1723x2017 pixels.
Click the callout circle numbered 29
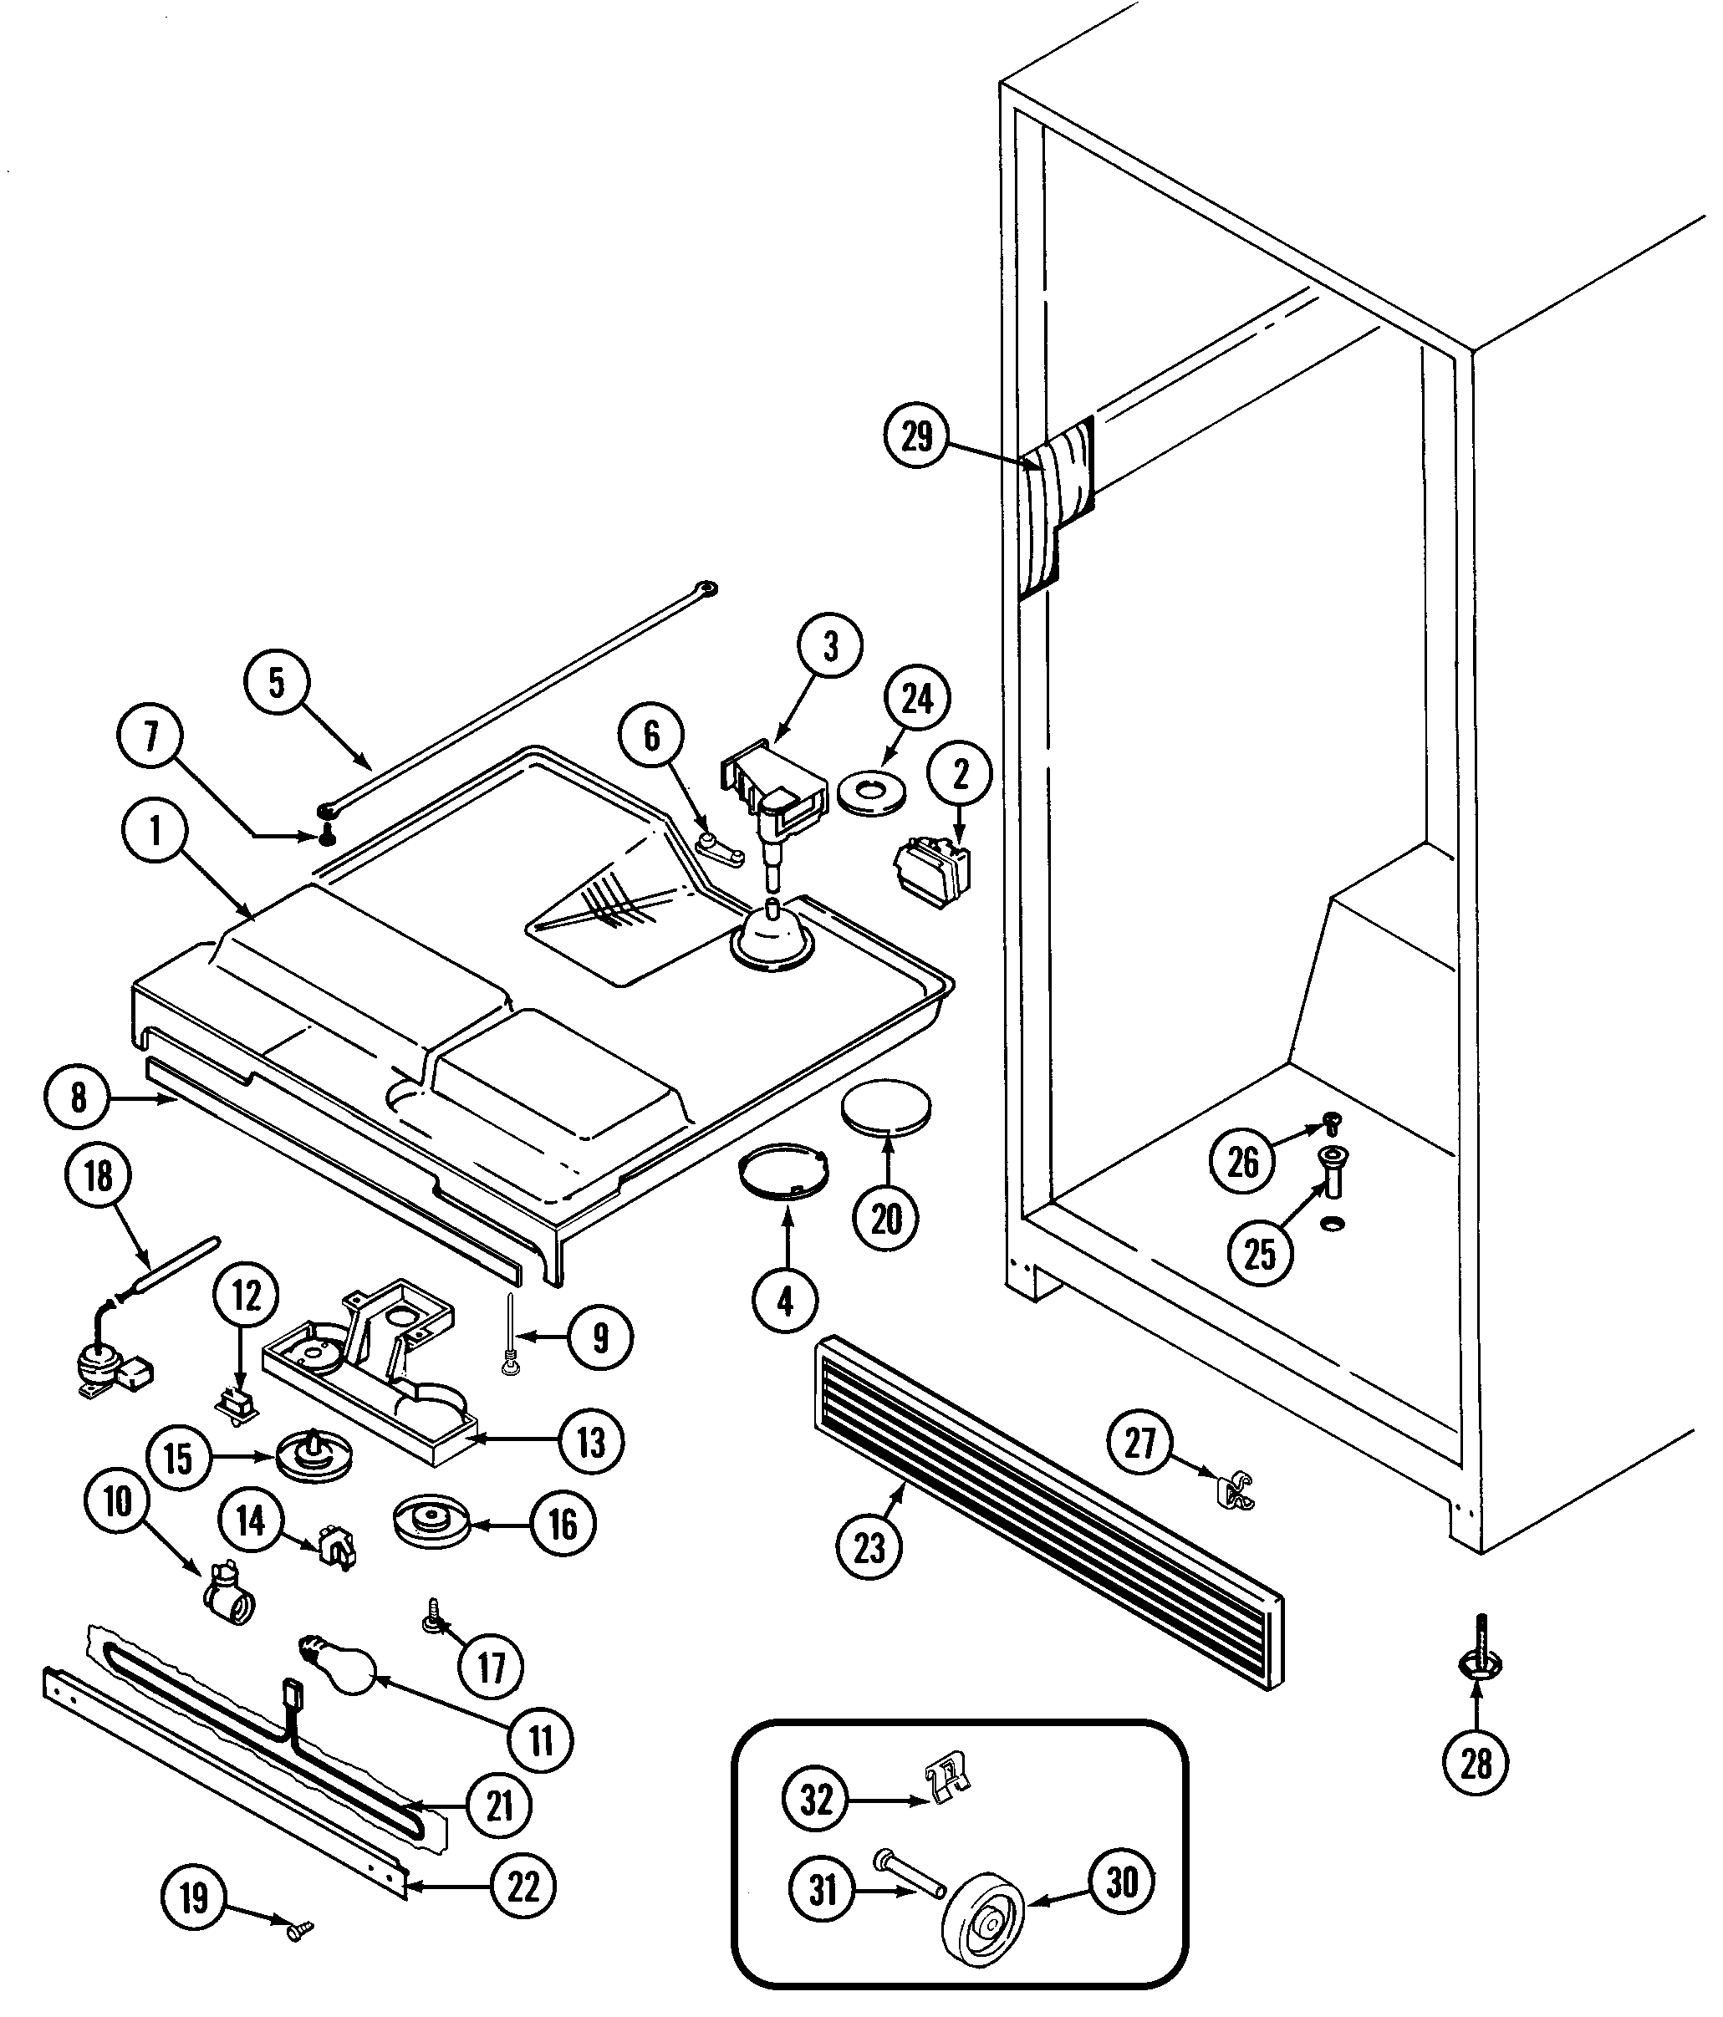pyautogui.click(x=916, y=437)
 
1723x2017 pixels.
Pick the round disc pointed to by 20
pyautogui.click(x=886, y=1110)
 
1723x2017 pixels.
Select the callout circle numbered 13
pyautogui.click(x=591, y=1442)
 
